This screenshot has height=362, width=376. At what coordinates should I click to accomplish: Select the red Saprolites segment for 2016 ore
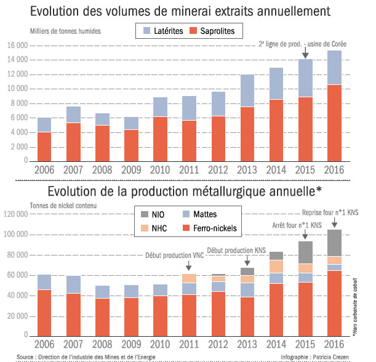(x=334, y=123)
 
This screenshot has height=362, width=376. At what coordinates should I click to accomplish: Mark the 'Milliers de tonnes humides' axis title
(x=65, y=30)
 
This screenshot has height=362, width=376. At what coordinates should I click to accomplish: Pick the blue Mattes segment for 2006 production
(x=44, y=282)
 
